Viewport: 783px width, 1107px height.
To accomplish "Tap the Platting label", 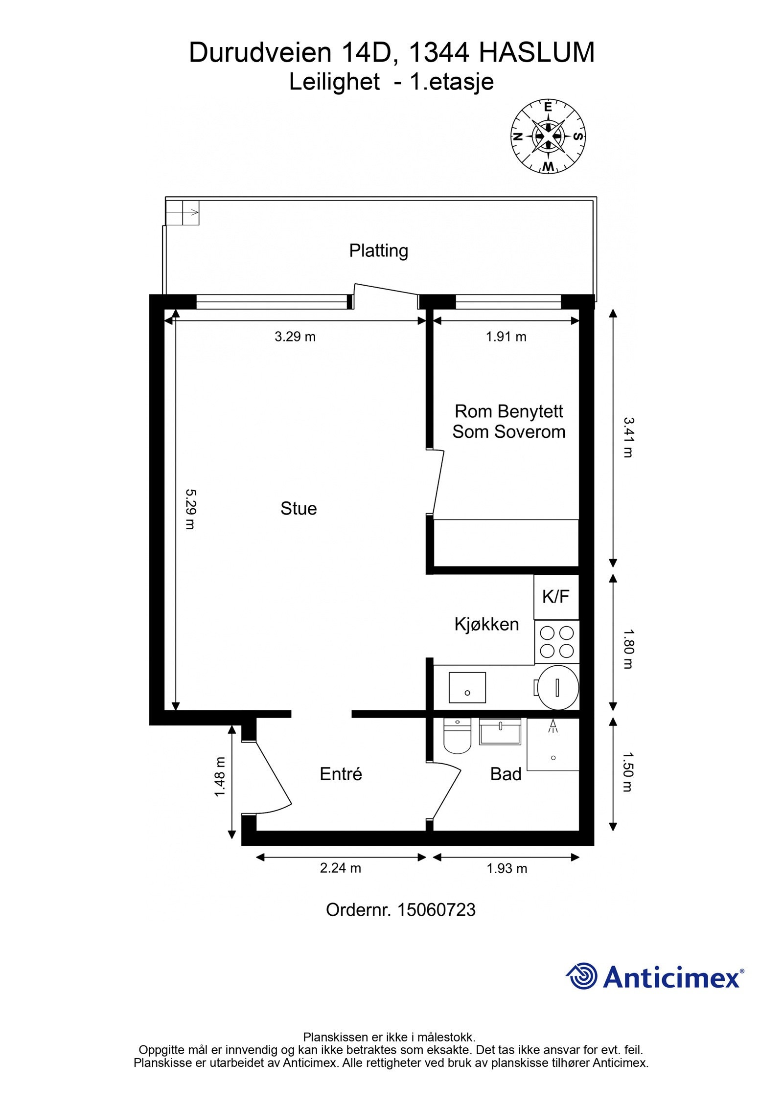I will (x=378, y=250).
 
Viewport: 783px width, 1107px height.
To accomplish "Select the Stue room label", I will (x=299, y=509).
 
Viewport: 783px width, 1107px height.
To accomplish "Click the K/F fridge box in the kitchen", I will (x=556, y=597).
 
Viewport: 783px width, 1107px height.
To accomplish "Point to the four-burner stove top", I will (x=556, y=642).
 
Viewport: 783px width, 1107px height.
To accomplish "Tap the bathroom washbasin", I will (x=500, y=732).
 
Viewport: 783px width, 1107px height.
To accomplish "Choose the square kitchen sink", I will (x=467, y=687).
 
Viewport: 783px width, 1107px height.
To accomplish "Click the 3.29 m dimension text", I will (x=295, y=337).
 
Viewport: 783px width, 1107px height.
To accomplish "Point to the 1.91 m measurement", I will (x=506, y=337).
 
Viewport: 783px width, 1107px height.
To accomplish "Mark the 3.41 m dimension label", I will (x=628, y=437).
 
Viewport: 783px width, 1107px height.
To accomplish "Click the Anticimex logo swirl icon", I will (x=582, y=975).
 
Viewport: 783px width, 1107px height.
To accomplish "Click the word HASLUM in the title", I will (x=536, y=53).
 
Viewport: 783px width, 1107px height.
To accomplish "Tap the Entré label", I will (x=341, y=774).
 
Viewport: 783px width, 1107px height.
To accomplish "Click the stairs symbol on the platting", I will (x=183, y=212).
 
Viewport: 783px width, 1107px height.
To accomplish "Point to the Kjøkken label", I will (x=486, y=624).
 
